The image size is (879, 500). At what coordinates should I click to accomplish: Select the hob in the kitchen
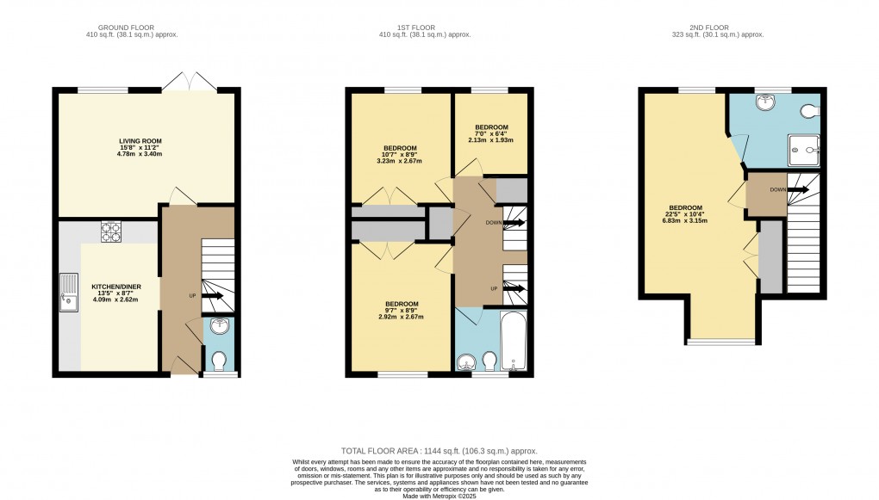111,231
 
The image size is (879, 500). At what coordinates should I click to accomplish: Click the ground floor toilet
219,359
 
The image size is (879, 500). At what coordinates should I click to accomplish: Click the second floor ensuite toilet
808,110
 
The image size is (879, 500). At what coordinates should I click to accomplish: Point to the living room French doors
188,80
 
